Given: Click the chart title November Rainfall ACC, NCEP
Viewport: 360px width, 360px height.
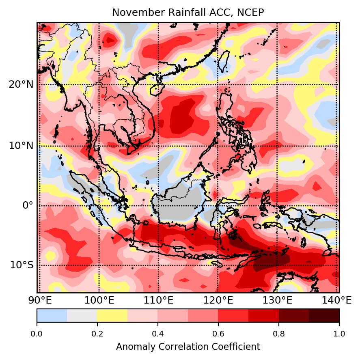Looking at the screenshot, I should click(188, 13).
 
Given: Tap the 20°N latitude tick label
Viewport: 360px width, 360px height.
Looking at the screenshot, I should click(21, 84).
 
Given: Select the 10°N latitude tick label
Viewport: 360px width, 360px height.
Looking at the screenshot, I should click(21, 145).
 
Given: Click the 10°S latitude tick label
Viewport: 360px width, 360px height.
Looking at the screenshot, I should click(22, 265).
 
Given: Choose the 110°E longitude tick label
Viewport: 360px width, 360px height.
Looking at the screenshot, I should click(158, 300).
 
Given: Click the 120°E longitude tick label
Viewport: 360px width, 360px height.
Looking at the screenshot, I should click(218, 300).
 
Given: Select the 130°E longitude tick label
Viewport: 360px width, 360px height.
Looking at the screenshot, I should click(277, 300).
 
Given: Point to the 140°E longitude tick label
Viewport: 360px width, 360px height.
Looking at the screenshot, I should click(336, 300).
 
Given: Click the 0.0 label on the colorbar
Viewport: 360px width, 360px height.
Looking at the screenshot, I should click(37, 334).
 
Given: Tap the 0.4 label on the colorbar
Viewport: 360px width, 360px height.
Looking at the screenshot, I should click(158, 334).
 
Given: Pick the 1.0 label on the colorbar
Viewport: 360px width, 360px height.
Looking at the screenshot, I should click(339, 334).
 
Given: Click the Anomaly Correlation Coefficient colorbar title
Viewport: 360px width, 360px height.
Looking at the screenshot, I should click(188, 347).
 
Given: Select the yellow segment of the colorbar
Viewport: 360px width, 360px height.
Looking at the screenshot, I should click(112, 315).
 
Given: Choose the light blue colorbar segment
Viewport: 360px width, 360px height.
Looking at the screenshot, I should click(52, 315).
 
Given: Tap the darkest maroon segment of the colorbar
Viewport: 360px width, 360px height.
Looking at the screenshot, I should click(324, 315).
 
